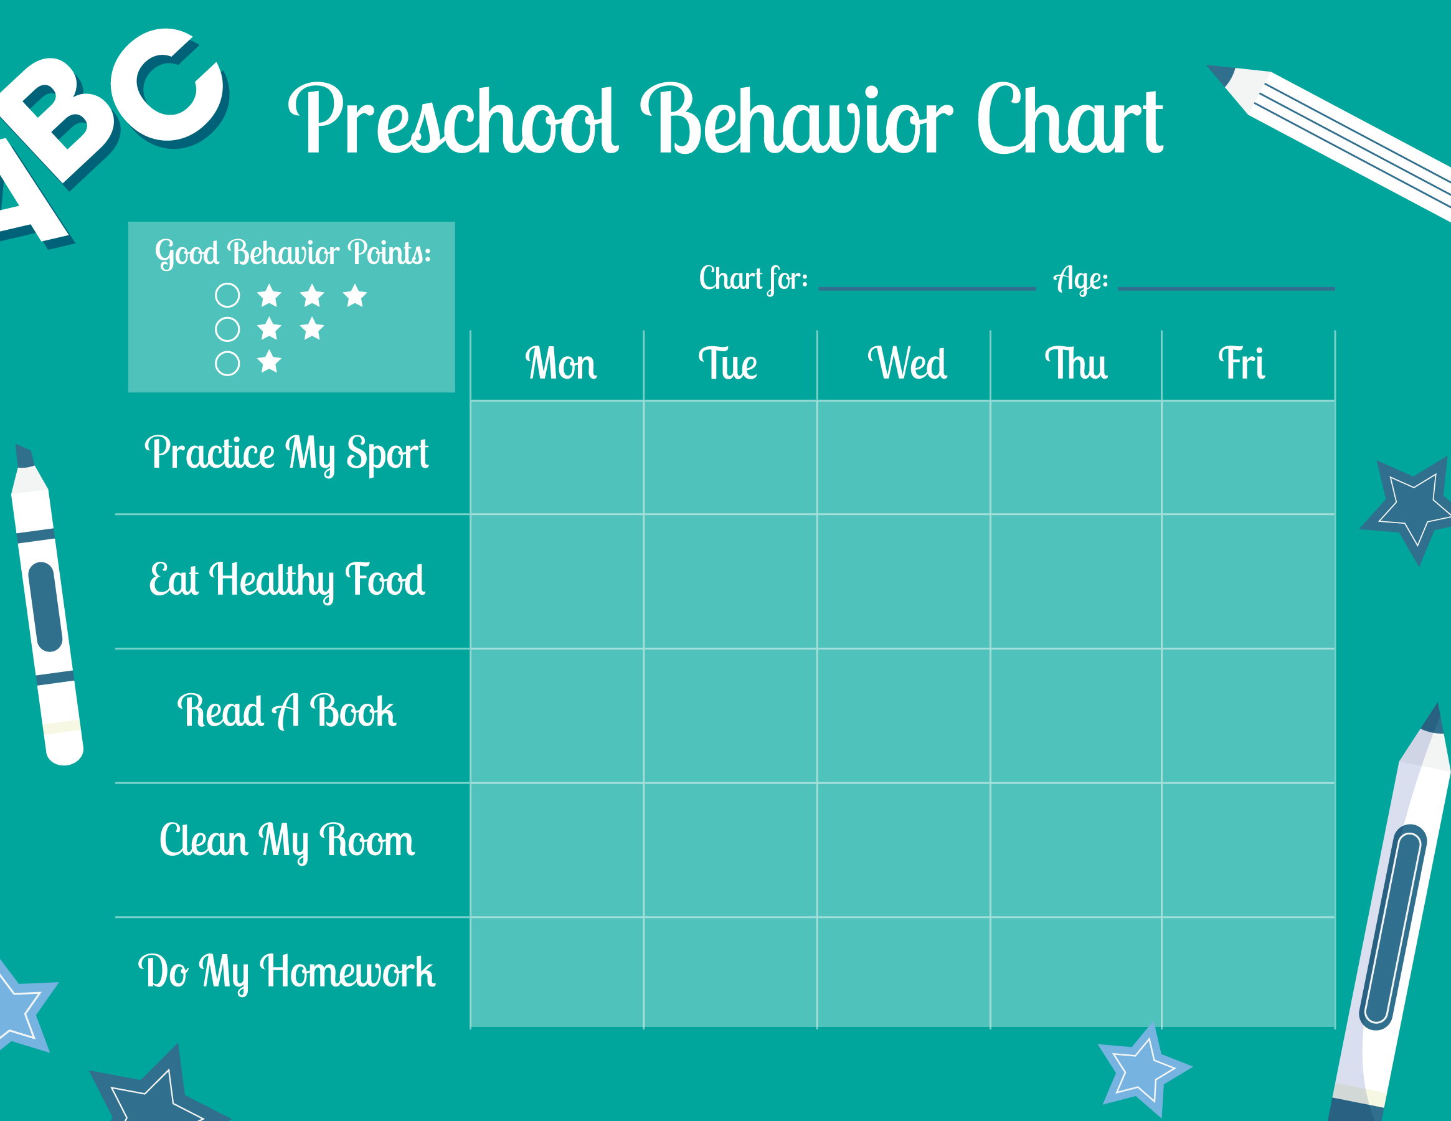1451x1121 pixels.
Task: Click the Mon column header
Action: (x=560, y=364)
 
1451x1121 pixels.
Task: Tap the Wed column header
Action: (x=907, y=364)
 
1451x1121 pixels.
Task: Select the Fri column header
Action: (x=1241, y=364)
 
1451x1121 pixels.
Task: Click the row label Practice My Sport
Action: (x=287, y=455)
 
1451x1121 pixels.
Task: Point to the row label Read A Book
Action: (x=287, y=711)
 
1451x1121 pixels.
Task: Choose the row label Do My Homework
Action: (x=287, y=972)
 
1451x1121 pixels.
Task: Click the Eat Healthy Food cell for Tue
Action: (x=730, y=582)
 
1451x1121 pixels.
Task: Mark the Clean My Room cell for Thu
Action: (x=1075, y=850)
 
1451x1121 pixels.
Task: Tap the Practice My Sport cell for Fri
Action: (x=1249, y=458)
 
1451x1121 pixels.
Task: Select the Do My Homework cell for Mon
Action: (x=557, y=972)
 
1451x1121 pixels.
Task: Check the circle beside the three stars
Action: (x=227, y=295)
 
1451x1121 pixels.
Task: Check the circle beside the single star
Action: (x=227, y=364)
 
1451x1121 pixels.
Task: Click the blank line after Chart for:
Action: (x=927, y=289)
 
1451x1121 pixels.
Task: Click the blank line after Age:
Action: (x=1226, y=289)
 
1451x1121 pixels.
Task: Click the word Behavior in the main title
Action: (x=796, y=120)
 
